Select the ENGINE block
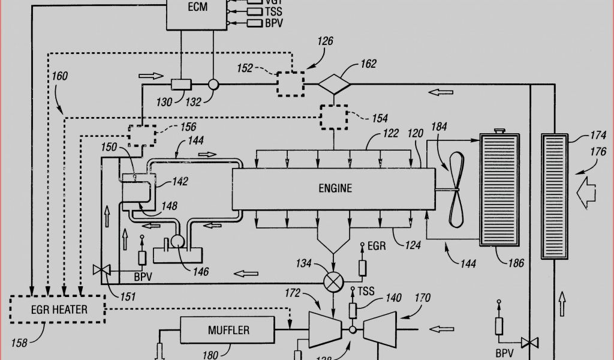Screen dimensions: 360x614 pos(334,188)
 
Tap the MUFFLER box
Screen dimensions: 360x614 pos(228,330)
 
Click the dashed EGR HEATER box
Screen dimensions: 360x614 pos(58,310)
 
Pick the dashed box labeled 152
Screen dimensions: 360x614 pos(290,83)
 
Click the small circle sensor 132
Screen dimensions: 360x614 pos(212,85)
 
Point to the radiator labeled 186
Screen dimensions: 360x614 pos(499,190)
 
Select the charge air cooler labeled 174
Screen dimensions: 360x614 pos(555,196)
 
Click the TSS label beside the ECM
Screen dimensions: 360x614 pos(274,11)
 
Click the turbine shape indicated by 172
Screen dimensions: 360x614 pos(324,329)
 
